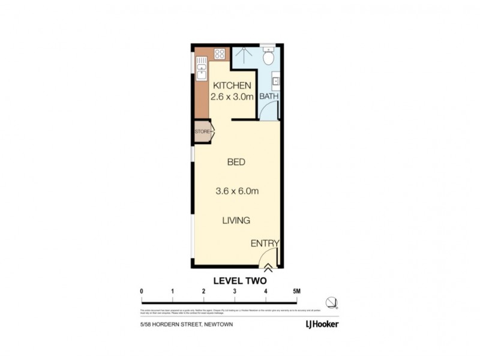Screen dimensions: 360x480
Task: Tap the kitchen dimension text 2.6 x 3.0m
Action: pos(231,97)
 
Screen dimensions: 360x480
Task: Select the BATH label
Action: pos(268,96)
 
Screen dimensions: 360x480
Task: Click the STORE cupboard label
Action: pos(201,131)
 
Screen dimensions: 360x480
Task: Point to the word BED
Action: pos(236,162)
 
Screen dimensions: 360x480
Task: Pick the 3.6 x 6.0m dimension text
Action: pos(236,192)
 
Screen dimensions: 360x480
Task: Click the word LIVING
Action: pos(236,221)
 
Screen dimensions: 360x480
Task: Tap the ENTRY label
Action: pos(265,243)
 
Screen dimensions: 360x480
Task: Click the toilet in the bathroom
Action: pos(269,57)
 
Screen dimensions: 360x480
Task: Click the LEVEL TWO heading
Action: pos(239,280)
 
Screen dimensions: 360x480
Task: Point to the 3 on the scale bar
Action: pos(235,292)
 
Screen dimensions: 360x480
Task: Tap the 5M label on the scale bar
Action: pos(296,292)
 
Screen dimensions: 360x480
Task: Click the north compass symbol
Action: pos(331,302)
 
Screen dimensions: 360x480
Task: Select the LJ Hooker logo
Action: pos(317,325)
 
